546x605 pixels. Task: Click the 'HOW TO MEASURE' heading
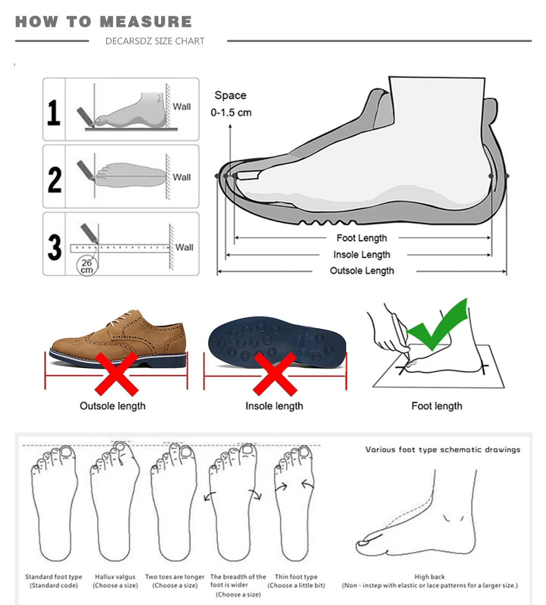pyautogui.click(x=103, y=22)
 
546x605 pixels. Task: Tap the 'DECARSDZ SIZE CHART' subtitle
pyautogui.click(x=155, y=41)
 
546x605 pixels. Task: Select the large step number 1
pyautogui.click(x=54, y=112)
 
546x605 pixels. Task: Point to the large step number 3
pyautogui.click(x=55, y=247)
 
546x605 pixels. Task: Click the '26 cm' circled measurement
pyautogui.click(x=87, y=266)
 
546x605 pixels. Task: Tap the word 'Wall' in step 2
pyautogui.click(x=181, y=177)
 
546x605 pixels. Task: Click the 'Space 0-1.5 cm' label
pyautogui.click(x=231, y=104)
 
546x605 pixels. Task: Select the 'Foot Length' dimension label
pyautogui.click(x=361, y=238)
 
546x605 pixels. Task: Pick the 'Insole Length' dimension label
pyautogui.click(x=361, y=254)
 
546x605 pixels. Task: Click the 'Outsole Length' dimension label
pyautogui.click(x=362, y=271)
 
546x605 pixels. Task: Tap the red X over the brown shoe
pyautogui.click(x=116, y=374)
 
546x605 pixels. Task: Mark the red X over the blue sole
pyautogui.click(x=275, y=374)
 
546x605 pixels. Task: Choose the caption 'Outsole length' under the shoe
pyautogui.click(x=112, y=406)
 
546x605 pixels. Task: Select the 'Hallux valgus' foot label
pyautogui.click(x=115, y=577)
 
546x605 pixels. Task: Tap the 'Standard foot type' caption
pyautogui.click(x=54, y=577)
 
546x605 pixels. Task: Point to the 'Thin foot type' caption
pyautogui.click(x=296, y=577)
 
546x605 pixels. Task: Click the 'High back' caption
pyautogui.click(x=430, y=577)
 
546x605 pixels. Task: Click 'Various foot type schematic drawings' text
pyautogui.click(x=443, y=449)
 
